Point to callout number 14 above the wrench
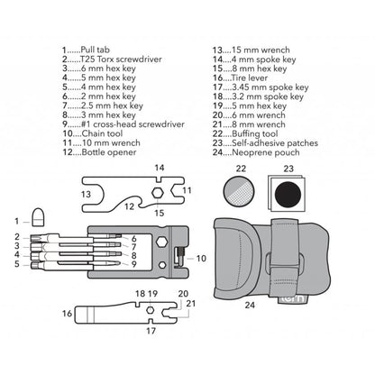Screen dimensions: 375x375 [159, 169]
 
